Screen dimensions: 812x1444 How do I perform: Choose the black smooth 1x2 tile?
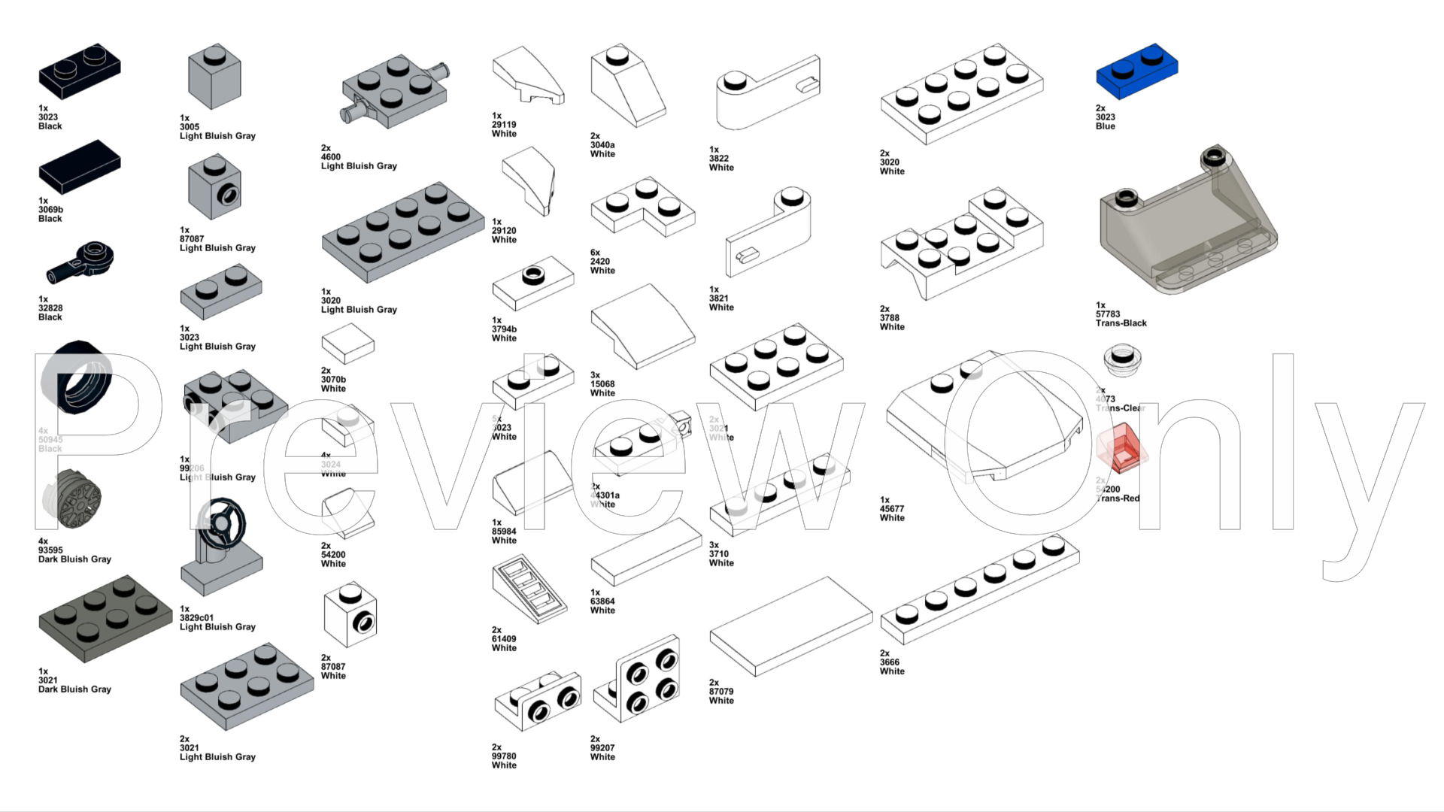click(79, 166)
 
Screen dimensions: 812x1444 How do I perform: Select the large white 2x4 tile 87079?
click(790, 626)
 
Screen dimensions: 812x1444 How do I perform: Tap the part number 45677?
click(892, 509)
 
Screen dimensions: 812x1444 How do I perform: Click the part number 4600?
click(331, 157)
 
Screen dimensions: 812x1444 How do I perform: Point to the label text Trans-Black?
click(1121, 323)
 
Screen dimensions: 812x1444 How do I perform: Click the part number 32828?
click(50, 308)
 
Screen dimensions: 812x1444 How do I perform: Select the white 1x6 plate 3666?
click(979, 589)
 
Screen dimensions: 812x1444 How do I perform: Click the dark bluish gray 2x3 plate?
click(105, 618)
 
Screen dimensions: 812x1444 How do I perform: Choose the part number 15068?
click(602, 384)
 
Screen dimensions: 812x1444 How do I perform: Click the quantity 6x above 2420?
click(595, 253)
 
